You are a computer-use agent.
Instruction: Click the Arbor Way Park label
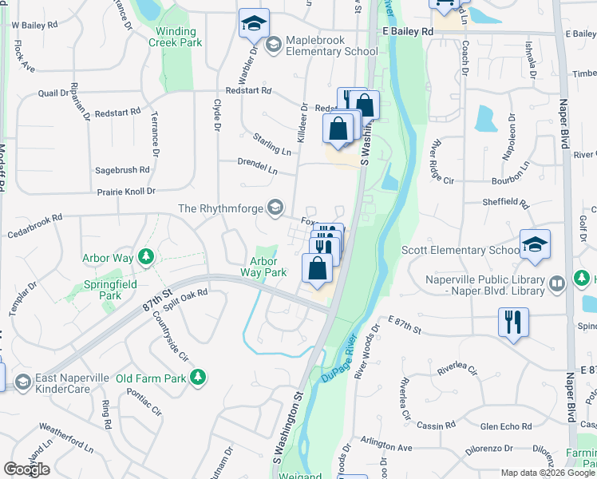coord(263,267)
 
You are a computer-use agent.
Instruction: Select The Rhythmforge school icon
coord(275,208)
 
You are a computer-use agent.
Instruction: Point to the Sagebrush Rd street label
coord(122,170)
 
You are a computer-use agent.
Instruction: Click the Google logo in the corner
coord(26,469)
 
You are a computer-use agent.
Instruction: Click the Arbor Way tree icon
coord(145,256)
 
